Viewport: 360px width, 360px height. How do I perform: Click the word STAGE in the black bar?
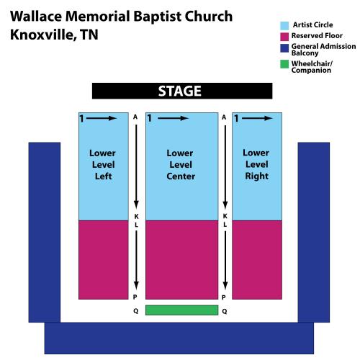click(179, 91)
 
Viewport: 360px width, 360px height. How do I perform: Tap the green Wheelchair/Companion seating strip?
click(182, 310)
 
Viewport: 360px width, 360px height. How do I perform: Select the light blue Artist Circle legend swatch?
click(284, 25)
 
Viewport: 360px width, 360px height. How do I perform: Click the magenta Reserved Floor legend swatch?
click(284, 37)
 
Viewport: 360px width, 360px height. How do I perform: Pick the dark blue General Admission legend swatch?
click(284, 48)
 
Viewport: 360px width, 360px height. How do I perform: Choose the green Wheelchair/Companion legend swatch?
click(284, 64)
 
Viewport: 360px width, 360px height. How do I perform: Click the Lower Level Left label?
click(103, 165)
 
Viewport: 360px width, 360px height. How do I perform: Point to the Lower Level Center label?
click(181, 165)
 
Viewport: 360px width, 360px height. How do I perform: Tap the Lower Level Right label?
click(256, 164)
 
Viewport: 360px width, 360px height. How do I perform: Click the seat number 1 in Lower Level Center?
click(150, 118)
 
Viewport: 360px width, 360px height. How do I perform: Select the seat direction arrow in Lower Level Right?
click(257, 118)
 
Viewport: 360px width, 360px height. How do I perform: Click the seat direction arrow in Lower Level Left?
click(102, 118)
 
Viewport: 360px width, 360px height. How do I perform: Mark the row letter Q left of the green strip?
click(135, 311)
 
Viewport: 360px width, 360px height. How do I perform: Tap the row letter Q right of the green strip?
click(225, 311)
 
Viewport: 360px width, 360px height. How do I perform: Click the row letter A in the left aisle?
click(135, 117)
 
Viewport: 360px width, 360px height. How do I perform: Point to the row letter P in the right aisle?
click(224, 297)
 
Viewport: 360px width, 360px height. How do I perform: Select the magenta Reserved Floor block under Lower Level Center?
click(182, 260)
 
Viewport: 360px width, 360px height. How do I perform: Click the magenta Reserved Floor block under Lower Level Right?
click(257, 260)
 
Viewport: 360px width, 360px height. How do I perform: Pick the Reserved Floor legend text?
click(317, 36)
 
